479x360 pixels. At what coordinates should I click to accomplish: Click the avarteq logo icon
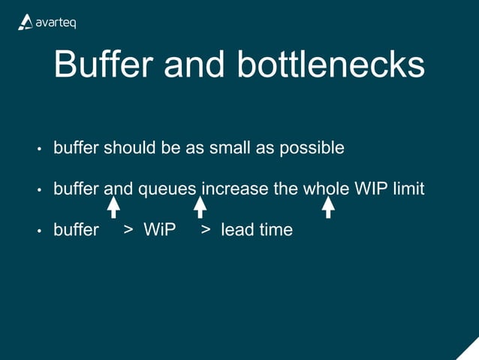pos(25,23)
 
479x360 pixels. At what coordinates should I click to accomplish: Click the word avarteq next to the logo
pos(56,23)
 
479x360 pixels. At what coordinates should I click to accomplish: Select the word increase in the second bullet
pos(235,189)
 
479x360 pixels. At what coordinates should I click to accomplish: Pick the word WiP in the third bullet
pos(159,230)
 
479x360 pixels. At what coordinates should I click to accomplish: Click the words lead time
pos(256,230)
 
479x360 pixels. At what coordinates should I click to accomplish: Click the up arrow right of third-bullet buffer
pos(113,207)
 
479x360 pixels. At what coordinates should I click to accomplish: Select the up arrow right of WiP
pos(200,207)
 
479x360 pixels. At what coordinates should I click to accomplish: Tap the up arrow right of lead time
pos(328,207)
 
